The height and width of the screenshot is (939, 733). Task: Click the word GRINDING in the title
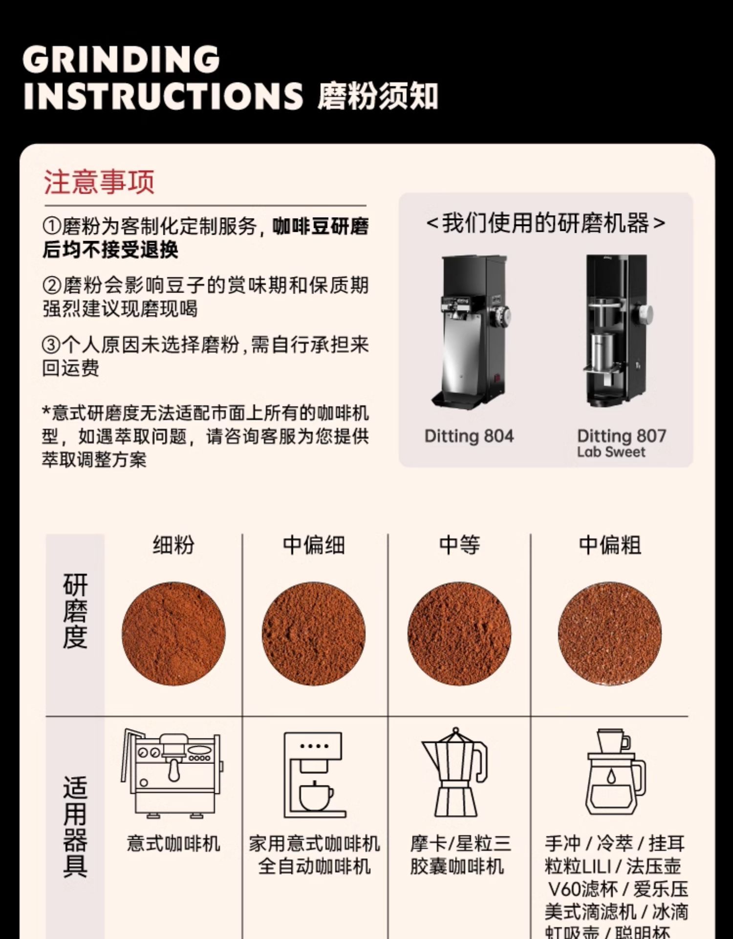[121, 59]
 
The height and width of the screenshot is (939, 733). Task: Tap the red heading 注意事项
[99, 182]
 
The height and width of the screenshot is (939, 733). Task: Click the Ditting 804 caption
[469, 436]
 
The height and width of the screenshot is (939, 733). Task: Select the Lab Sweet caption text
[611, 452]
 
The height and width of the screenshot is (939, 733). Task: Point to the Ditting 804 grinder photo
[470, 333]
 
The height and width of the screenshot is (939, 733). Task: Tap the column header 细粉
[173, 545]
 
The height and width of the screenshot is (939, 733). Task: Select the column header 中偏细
[314, 545]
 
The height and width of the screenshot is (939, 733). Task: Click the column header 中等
[459, 545]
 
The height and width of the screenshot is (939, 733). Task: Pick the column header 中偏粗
[610, 545]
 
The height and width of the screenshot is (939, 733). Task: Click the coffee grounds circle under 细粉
[173, 634]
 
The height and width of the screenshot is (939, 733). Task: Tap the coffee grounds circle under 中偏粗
[610, 634]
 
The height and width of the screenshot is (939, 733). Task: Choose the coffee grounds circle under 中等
[459, 634]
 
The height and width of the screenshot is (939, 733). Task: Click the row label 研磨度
[75, 611]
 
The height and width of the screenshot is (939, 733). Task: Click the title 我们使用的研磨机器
[545, 223]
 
